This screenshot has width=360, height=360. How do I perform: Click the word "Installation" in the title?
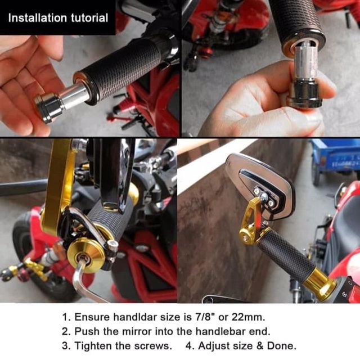(38, 18)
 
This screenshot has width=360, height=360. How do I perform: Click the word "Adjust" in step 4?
(215, 346)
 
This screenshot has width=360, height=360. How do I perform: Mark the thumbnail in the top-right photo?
(312, 118)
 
